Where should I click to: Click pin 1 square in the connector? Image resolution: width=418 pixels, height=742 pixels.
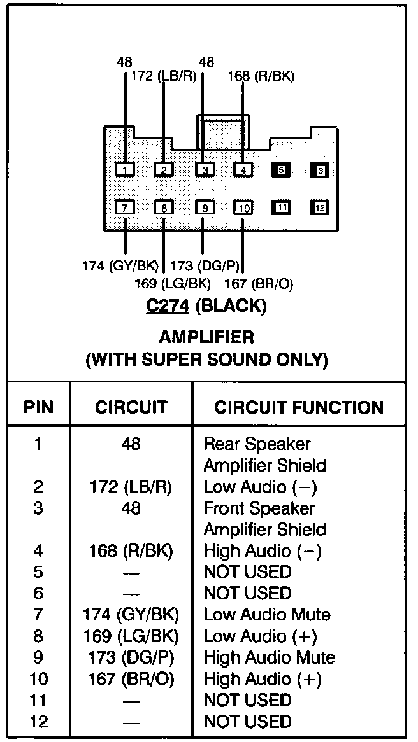[x=126, y=170]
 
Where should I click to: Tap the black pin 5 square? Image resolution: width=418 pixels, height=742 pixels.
[x=281, y=170]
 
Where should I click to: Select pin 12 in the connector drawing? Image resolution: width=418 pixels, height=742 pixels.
[x=320, y=207]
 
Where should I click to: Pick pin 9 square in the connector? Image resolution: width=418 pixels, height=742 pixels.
[x=204, y=207]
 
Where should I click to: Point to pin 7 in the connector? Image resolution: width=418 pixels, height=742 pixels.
[x=126, y=207]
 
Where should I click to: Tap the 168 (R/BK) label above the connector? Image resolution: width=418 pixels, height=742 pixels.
[x=261, y=77]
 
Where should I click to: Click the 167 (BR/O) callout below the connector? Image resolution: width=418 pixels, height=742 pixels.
[x=259, y=284]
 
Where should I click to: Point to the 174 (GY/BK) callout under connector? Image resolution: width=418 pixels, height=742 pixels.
[x=120, y=265]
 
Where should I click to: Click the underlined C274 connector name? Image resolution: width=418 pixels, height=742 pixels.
[x=168, y=306]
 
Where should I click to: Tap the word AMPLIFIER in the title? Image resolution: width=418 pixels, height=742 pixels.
[x=206, y=337]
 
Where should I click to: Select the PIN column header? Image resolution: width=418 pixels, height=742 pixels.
[x=38, y=407]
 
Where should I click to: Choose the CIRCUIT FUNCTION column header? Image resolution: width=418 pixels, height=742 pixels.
[x=299, y=407]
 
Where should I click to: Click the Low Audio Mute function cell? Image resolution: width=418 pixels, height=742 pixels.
[x=267, y=615]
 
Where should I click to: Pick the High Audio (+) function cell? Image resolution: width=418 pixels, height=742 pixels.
[x=263, y=679]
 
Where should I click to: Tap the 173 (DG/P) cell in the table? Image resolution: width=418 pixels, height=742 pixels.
[x=131, y=657]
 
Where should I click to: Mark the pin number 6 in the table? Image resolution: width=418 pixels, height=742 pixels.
[x=38, y=593]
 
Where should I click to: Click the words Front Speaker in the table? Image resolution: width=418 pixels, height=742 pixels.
[x=259, y=508]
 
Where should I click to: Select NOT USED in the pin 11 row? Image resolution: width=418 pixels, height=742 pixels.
[x=247, y=700]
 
